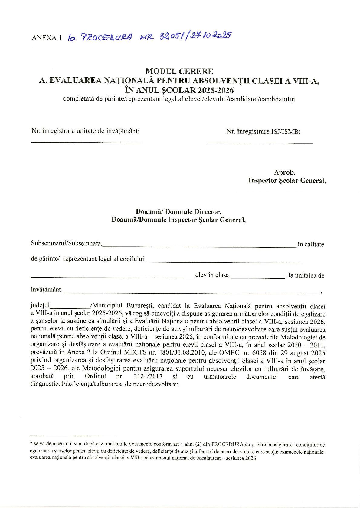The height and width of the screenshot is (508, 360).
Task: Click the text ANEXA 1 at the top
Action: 46,38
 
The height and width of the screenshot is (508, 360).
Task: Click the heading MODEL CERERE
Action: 179,71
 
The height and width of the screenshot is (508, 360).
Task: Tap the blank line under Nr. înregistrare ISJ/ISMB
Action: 260,143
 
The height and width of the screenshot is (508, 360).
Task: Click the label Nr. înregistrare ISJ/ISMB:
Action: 263,132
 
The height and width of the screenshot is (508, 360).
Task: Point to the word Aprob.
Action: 284,172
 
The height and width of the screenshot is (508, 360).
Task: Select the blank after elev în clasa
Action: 257,277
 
